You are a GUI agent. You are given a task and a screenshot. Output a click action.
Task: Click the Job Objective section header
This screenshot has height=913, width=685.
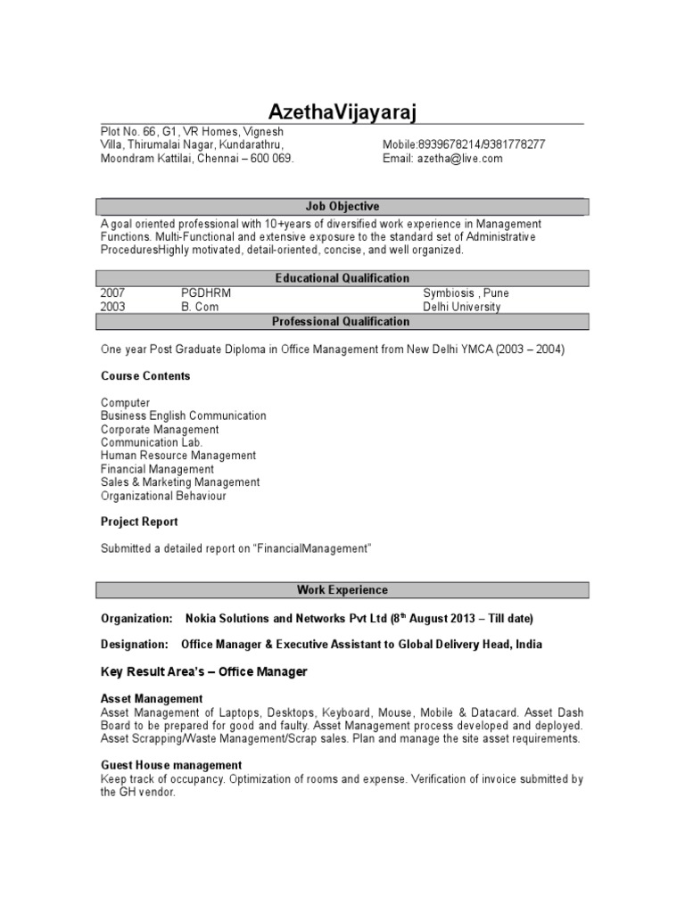point(342,207)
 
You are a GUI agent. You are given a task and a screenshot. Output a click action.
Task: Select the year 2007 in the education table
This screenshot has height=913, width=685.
point(113,293)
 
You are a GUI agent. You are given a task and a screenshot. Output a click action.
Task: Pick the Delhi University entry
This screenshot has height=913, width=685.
point(462,307)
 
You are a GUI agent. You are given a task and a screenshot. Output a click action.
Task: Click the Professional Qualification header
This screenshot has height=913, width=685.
point(342,322)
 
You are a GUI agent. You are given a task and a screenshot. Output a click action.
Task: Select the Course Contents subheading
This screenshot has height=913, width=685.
point(145,376)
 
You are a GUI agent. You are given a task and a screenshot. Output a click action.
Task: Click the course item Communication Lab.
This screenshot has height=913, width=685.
point(152,442)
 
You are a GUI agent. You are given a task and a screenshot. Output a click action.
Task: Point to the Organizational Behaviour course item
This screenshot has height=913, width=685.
point(163,496)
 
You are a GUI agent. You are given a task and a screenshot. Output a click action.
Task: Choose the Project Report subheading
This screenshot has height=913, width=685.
point(139,522)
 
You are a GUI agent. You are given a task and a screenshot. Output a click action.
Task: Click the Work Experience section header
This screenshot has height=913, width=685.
point(342,590)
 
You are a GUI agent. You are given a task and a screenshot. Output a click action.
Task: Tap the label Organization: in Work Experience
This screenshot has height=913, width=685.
point(136,618)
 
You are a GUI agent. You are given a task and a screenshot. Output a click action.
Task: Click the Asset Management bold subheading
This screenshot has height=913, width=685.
point(152,698)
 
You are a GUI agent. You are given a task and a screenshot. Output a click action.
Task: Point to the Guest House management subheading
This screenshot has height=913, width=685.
point(171,765)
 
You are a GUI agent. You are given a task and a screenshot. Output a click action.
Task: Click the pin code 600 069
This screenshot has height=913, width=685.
point(271,159)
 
